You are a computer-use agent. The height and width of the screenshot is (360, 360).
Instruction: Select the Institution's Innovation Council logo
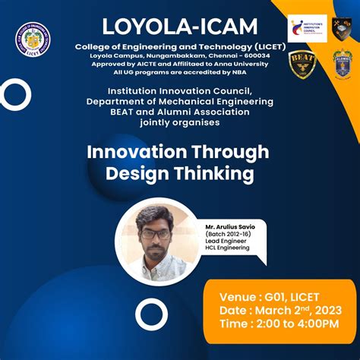308,28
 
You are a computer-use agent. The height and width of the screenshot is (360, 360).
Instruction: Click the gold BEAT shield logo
303,65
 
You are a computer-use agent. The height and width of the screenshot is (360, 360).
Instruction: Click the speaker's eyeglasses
156,233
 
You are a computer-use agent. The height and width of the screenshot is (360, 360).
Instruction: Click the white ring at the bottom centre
150,314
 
